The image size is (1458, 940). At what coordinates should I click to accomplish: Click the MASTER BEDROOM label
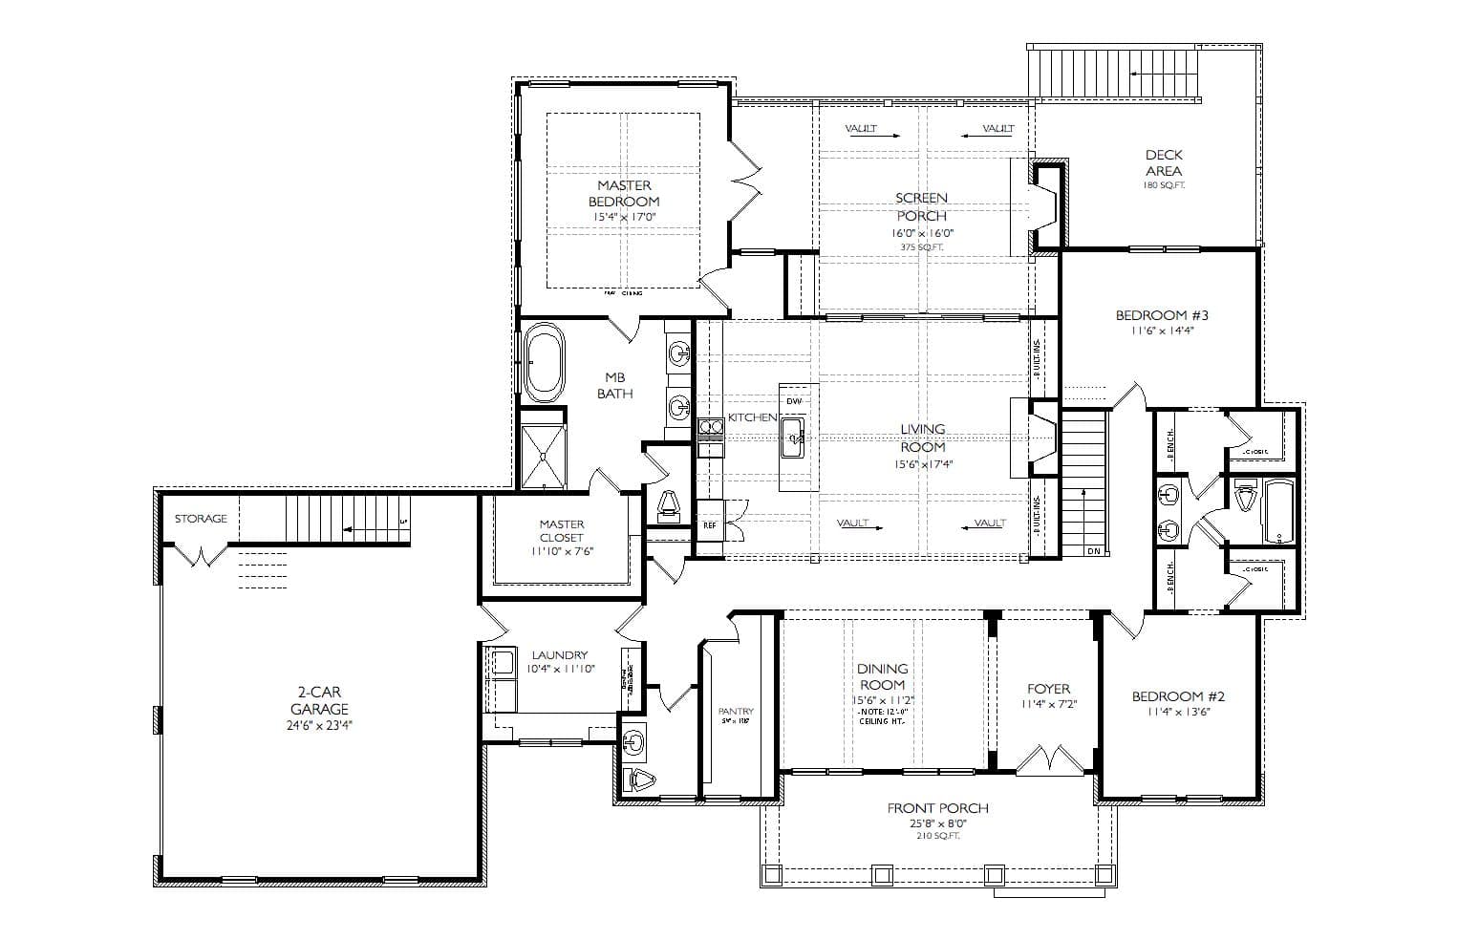pos(623,193)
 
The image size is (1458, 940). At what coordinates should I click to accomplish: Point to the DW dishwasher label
pos(794,401)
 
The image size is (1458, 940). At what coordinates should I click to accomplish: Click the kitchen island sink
pos(793,442)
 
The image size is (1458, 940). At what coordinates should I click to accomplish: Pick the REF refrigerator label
pos(710,525)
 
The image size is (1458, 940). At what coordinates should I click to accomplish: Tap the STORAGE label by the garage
pos(201,519)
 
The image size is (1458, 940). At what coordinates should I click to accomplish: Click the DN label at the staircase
pos(1093,551)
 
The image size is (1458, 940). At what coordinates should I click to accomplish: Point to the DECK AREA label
pos(1163,162)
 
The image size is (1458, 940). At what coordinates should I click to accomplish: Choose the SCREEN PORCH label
pos(921,206)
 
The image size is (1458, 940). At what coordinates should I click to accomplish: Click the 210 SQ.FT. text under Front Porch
pos(937,836)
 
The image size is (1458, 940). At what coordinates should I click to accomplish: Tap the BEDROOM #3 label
pos(1162,315)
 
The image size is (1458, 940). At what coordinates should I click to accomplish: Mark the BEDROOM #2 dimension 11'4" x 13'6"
pos(1178,712)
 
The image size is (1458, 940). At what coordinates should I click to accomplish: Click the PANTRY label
pos(736,711)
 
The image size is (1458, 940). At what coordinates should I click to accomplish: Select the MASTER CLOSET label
pos(561,530)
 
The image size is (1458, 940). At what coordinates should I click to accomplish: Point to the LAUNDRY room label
pos(560,655)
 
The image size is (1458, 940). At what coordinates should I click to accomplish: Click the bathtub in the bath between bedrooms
pos(1278,511)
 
